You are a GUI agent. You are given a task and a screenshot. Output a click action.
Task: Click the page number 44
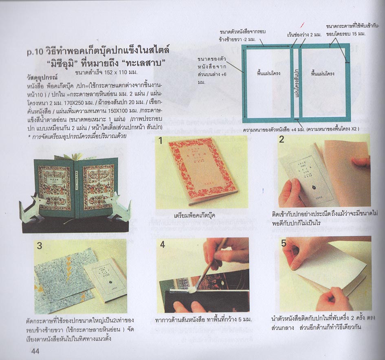click(x=33, y=351)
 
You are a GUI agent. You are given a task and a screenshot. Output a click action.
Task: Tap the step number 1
click(x=161, y=141)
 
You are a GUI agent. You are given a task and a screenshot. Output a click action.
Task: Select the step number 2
click(x=282, y=140)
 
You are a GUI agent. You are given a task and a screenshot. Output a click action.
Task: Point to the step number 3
click(x=40, y=246)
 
